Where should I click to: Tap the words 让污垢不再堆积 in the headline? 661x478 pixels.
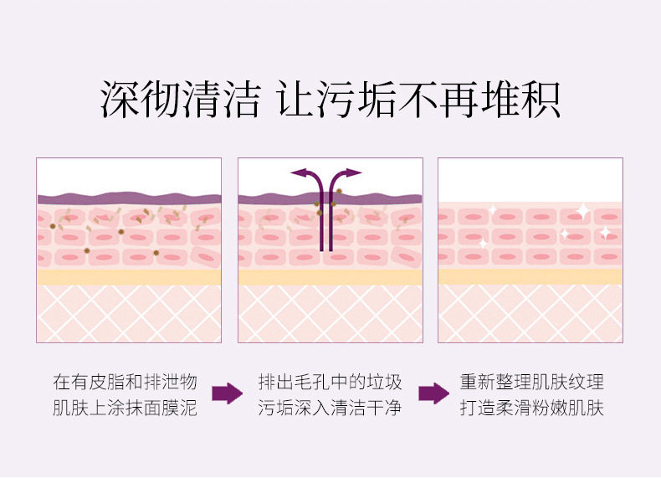(x=418, y=100)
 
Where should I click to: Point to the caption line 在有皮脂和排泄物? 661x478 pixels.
(x=126, y=383)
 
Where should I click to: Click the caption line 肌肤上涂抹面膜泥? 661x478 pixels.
(x=126, y=409)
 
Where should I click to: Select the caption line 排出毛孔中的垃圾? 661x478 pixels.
(x=330, y=383)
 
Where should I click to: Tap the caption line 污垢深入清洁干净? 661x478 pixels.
(x=330, y=409)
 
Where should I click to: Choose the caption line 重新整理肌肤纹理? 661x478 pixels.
(x=532, y=383)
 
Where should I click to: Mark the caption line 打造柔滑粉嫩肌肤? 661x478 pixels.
(x=532, y=409)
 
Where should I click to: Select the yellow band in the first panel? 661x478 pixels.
(x=128, y=277)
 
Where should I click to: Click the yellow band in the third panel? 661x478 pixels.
(x=530, y=277)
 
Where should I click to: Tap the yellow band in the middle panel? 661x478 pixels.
(x=330, y=277)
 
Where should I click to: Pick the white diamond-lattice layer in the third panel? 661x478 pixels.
(x=530, y=313)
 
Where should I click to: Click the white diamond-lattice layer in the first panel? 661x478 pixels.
(x=128, y=313)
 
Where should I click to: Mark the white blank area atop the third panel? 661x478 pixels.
(x=530, y=178)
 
